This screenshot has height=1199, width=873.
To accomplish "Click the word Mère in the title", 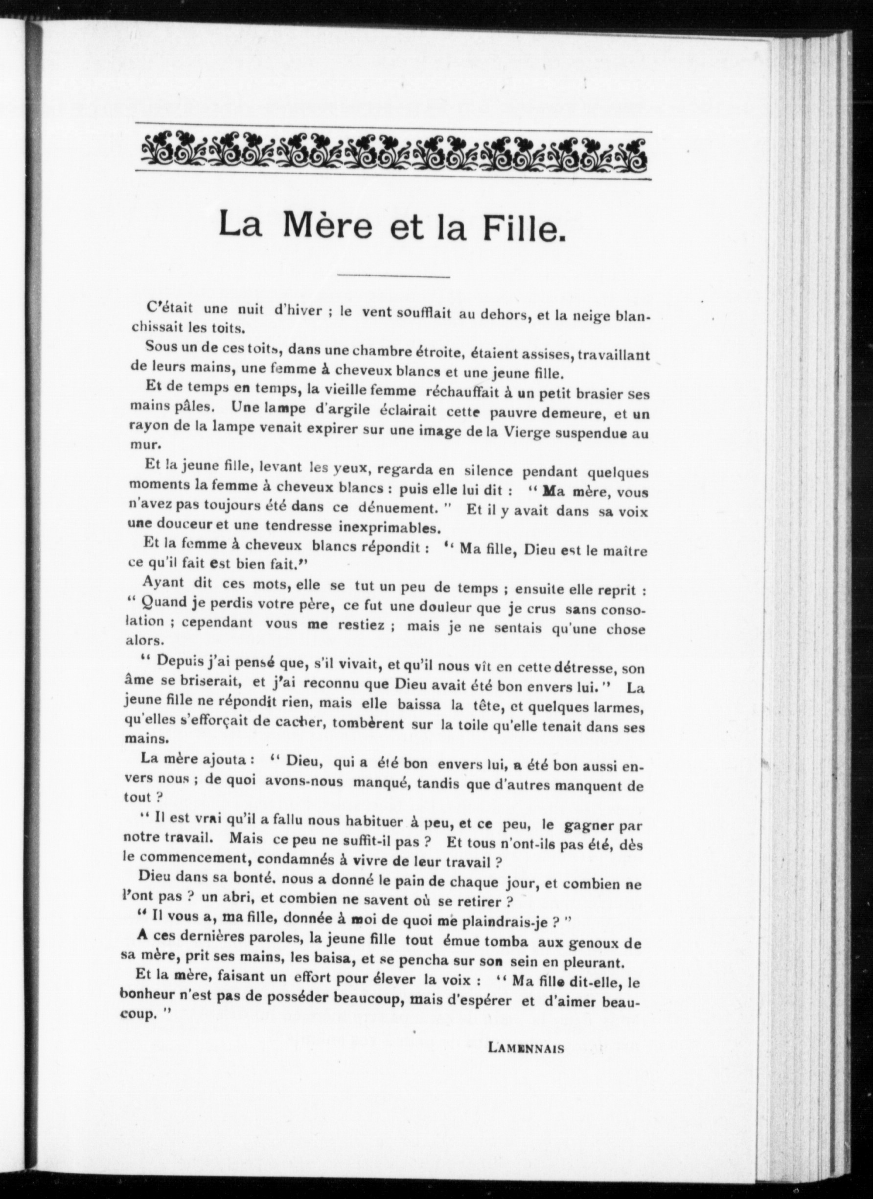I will (x=327, y=226).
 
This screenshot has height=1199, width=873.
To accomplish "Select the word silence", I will (x=488, y=471).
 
